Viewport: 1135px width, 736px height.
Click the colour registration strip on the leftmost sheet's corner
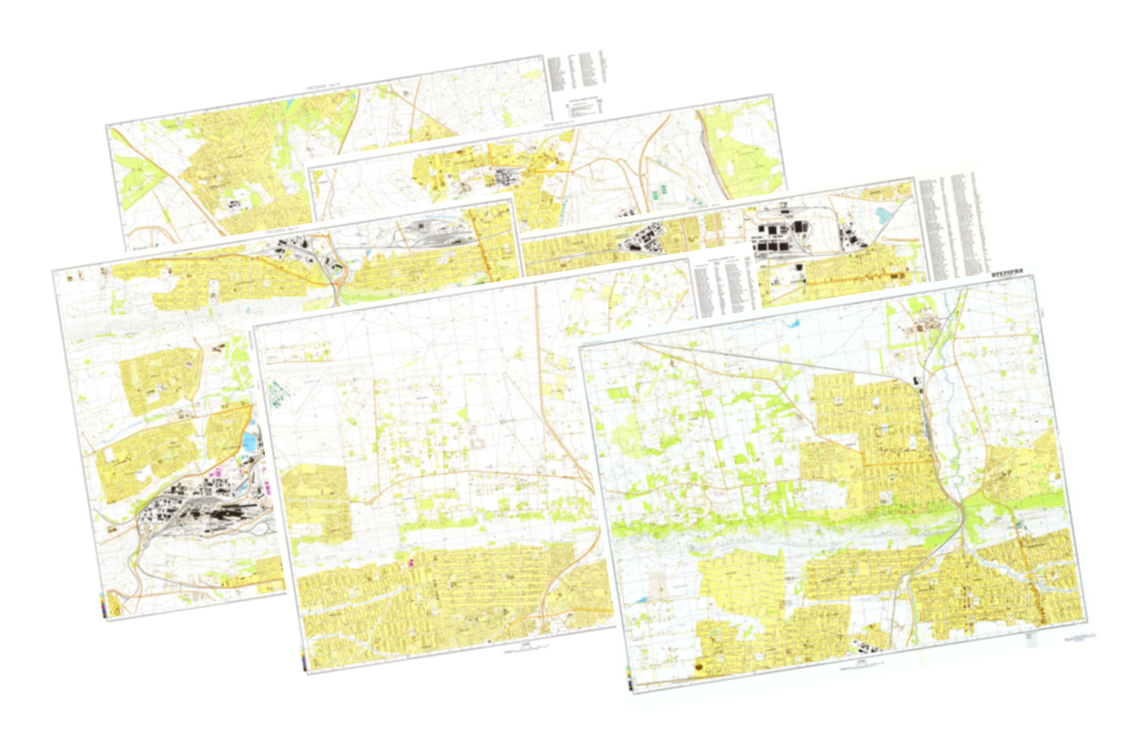pos(104,606)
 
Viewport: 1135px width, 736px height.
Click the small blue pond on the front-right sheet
pos(651,599)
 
